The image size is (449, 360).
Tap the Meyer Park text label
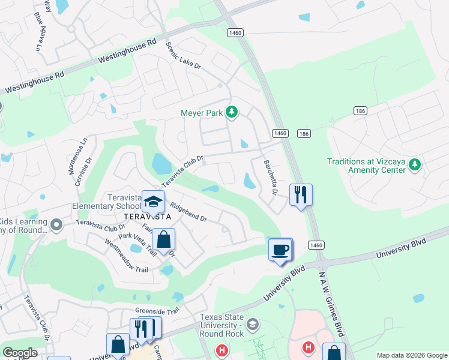point(201,112)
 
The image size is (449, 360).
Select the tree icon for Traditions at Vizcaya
point(414,164)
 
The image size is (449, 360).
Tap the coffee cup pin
point(280,249)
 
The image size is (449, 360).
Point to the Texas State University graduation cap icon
point(253,325)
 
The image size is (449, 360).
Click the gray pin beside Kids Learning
point(56,225)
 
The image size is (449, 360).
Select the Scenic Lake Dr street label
point(183,57)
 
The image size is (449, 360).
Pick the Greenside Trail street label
point(157,311)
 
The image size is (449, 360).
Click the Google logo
point(20,353)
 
